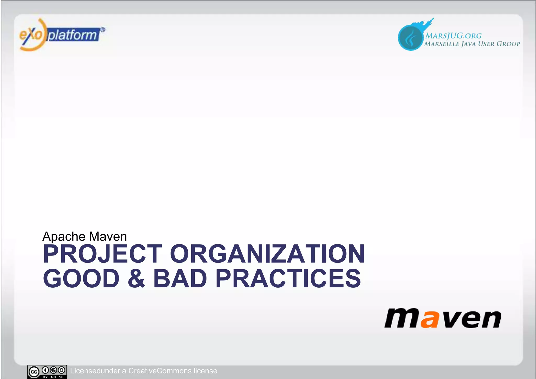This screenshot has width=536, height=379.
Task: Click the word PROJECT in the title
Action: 102,254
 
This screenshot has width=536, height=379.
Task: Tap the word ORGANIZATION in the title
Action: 267,254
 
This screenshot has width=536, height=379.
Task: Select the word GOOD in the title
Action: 81,278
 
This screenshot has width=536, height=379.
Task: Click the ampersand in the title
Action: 136,278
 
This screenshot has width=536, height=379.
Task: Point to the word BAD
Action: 180,278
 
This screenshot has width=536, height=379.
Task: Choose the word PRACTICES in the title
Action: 288,278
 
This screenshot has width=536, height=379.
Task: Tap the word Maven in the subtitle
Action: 108,237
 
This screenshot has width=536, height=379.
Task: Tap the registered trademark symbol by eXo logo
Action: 103,30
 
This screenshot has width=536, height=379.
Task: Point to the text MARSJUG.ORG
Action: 453,36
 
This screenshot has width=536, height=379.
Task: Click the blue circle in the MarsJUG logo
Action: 410,38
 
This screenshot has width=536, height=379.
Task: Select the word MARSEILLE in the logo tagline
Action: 442,44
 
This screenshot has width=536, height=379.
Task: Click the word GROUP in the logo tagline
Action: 508,44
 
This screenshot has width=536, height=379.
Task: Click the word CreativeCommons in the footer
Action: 160,371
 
